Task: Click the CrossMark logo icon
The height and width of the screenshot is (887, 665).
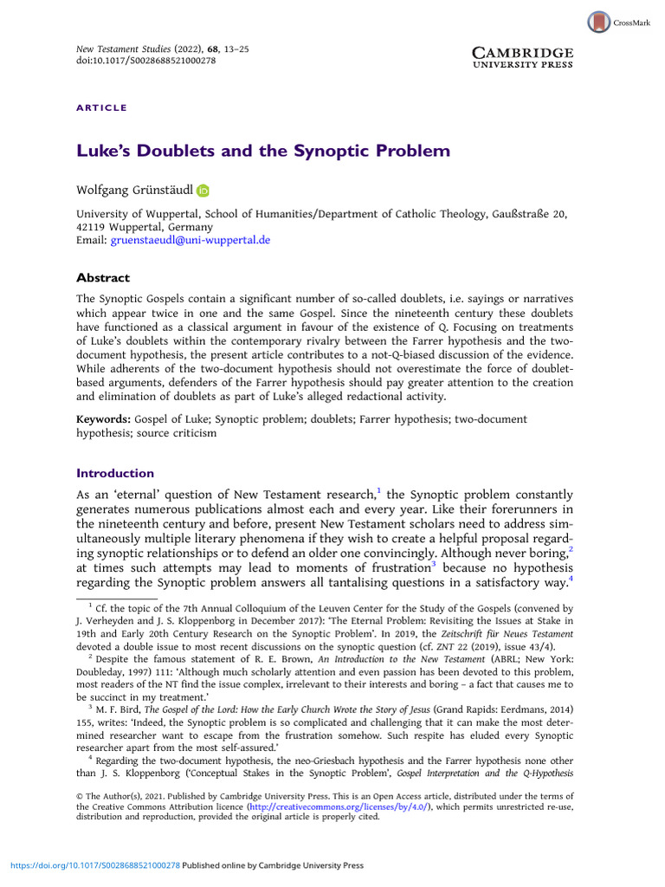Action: click(x=598, y=23)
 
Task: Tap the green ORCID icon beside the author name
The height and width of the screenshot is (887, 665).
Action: click(x=203, y=191)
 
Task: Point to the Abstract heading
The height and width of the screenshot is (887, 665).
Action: click(x=103, y=278)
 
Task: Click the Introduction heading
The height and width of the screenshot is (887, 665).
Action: click(x=115, y=473)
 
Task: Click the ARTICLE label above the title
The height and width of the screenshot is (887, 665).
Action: click(x=101, y=108)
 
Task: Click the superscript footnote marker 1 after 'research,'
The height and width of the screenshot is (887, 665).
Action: click(x=378, y=490)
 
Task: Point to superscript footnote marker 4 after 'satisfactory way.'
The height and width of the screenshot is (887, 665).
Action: click(x=571, y=577)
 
